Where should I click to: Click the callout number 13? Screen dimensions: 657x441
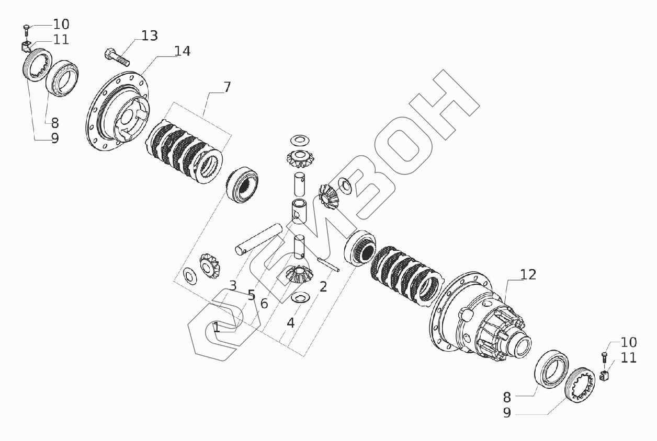coord(149,36)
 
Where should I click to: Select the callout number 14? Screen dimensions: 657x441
coord(183,51)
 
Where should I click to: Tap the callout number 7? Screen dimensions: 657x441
coord(227,87)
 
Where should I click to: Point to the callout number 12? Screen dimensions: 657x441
coord(528,274)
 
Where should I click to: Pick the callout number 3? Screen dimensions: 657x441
coord(233,285)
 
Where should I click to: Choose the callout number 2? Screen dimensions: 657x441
coord(323,286)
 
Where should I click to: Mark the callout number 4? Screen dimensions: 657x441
coord(290,322)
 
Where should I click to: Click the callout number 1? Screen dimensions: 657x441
coord(217,328)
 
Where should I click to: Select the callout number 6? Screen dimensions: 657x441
coord(264,303)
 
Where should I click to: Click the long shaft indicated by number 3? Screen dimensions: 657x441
coord(258,239)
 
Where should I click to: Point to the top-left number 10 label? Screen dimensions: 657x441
coord(61,24)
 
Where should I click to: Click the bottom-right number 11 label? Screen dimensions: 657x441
coord(629,358)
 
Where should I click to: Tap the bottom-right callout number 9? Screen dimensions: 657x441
coord(506,412)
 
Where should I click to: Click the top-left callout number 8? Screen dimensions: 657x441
coord(54,123)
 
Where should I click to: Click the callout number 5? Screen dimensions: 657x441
coord(251,295)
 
